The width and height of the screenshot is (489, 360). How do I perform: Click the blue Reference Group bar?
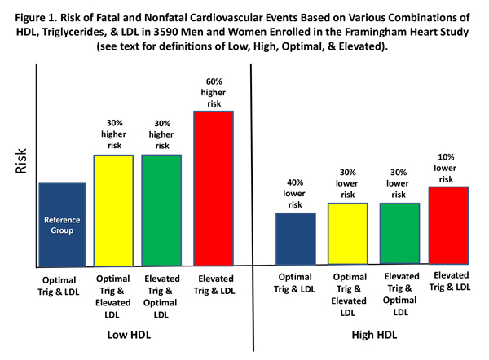tap(63, 224)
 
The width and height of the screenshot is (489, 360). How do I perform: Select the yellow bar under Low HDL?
tap(114, 210)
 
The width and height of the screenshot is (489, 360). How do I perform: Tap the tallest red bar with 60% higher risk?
tap(214, 188)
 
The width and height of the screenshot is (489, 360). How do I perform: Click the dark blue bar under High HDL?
tap(295, 239)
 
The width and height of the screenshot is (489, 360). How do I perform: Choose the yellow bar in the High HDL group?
tap(347, 234)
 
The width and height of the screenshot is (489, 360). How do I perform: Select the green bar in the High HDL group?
tap(399, 234)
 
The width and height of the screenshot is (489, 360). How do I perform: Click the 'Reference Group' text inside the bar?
tap(63, 226)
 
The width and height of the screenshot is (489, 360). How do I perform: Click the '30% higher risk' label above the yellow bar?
tap(114, 134)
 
